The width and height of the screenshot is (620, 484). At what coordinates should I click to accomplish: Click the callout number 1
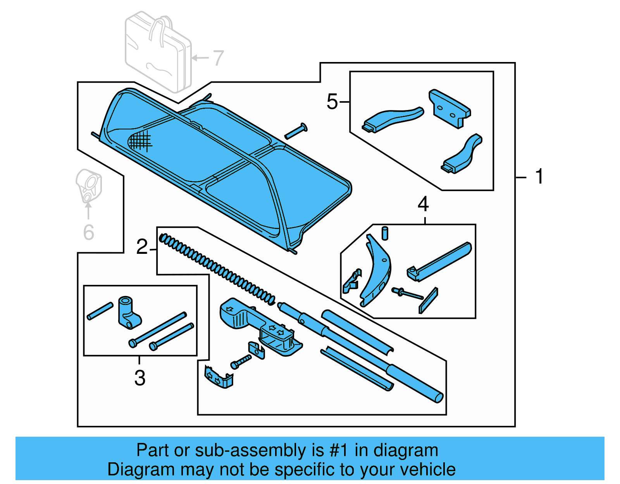tap(539, 177)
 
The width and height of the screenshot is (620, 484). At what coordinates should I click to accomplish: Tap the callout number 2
tap(142, 247)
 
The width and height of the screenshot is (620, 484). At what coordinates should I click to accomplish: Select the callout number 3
tap(140, 378)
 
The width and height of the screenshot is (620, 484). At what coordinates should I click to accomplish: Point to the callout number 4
tap(423, 204)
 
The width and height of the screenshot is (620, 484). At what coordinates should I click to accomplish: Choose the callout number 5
tap(332, 102)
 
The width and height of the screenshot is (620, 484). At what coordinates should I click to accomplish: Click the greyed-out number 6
tap(89, 232)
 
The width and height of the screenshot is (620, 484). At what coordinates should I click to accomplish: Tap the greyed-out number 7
tap(218, 58)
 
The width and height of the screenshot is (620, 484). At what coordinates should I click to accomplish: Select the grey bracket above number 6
tap(89, 186)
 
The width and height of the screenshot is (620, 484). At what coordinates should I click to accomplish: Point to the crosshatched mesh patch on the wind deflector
tap(139, 141)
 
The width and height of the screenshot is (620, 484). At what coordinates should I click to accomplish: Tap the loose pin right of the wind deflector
tap(296, 131)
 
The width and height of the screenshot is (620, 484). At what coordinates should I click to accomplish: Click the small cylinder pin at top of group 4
tap(385, 233)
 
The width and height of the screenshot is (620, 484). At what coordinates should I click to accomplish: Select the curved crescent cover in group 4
tap(376, 271)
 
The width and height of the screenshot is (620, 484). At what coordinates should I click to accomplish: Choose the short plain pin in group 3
tap(100, 311)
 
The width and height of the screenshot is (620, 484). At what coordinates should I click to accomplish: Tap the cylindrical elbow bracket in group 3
tap(128, 312)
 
